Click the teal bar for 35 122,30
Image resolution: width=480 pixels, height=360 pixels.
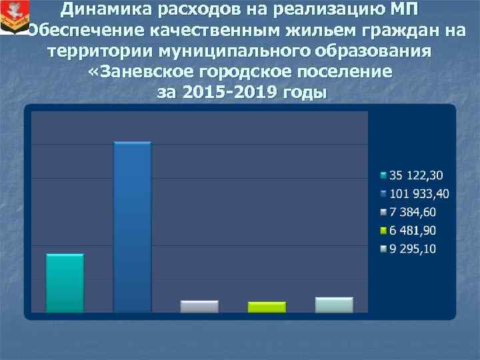pyautogui.click(x=65, y=283)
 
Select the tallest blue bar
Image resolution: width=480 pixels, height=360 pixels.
pyautogui.click(x=132, y=227)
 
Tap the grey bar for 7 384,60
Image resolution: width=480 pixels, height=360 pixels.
pyautogui.click(x=199, y=307)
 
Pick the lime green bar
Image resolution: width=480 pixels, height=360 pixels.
pyautogui.click(x=267, y=307)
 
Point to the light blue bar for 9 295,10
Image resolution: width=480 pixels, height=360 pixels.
pyautogui.click(x=334, y=305)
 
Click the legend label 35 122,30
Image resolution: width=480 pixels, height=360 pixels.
pyautogui.click(x=416, y=175)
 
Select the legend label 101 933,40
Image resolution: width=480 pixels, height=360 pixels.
pyautogui.click(x=419, y=194)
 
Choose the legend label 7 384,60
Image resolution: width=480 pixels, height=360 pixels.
pyautogui.click(x=413, y=212)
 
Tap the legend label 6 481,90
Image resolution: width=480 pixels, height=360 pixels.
pyautogui.click(x=413, y=231)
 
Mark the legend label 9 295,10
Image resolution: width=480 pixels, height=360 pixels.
pyautogui.click(x=413, y=249)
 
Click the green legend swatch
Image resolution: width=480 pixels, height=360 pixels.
pyautogui.click(x=383, y=231)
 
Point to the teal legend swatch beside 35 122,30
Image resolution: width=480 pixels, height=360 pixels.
pyautogui.click(x=383, y=176)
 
